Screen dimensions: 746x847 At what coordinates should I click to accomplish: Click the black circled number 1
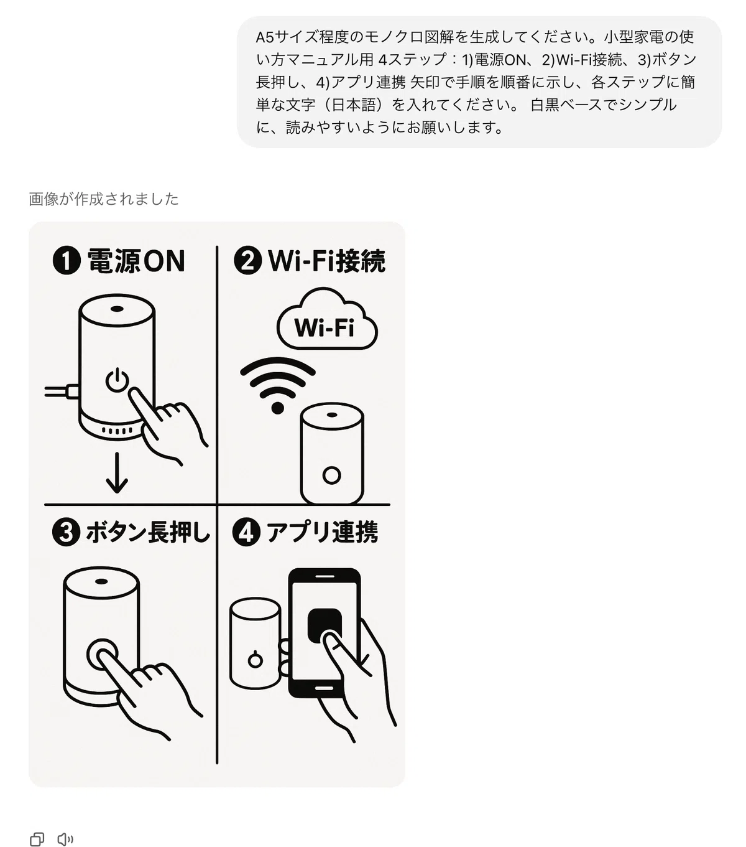click(67, 261)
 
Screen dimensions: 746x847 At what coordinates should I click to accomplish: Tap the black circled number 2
click(247, 260)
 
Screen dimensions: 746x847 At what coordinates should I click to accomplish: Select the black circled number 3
click(66, 532)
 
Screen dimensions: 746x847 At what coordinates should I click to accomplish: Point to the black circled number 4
click(246, 532)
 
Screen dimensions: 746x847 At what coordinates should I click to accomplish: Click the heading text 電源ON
click(136, 261)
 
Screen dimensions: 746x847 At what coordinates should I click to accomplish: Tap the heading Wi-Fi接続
click(326, 261)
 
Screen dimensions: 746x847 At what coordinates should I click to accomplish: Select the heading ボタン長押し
click(147, 532)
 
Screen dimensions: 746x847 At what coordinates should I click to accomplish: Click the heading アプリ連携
click(322, 532)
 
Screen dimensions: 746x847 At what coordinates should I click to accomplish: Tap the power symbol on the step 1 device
click(117, 380)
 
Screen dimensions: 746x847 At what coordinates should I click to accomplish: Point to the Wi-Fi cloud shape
click(327, 319)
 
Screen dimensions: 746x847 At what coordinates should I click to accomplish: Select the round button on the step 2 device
click(331, 475)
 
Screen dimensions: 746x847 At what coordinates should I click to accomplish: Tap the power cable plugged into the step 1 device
click(62, 391)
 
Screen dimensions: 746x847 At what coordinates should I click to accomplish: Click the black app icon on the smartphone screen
click(325, 625)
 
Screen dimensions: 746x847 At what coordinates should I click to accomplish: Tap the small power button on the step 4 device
click(256, 659)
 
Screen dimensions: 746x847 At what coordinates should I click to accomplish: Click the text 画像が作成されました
click(104, 199)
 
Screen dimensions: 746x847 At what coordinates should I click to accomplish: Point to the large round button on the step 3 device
click(103, 654)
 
